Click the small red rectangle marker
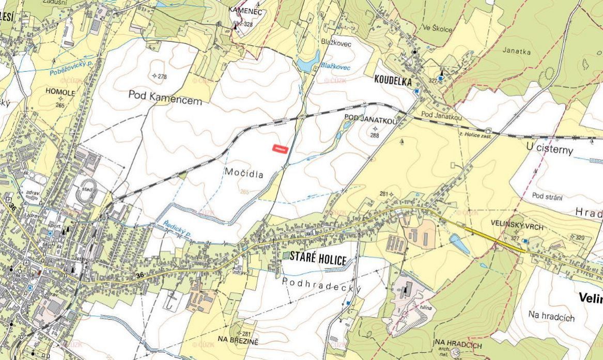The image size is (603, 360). [x=280, y=148]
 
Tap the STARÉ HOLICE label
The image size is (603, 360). [x=318, y=260]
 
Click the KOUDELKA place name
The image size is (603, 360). [x=393, y=81]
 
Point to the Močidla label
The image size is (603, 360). [x=244, y=174]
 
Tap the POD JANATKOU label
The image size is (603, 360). [x=370, y=120]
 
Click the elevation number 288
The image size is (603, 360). [x=375, y=135]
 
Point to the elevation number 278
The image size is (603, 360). [x=162, y=77]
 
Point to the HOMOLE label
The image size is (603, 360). [x=61, y=93]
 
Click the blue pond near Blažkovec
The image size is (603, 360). [x=308, y=64]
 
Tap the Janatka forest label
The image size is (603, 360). [x=516, y=51]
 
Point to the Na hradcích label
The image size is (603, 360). [x=551, y=316]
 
